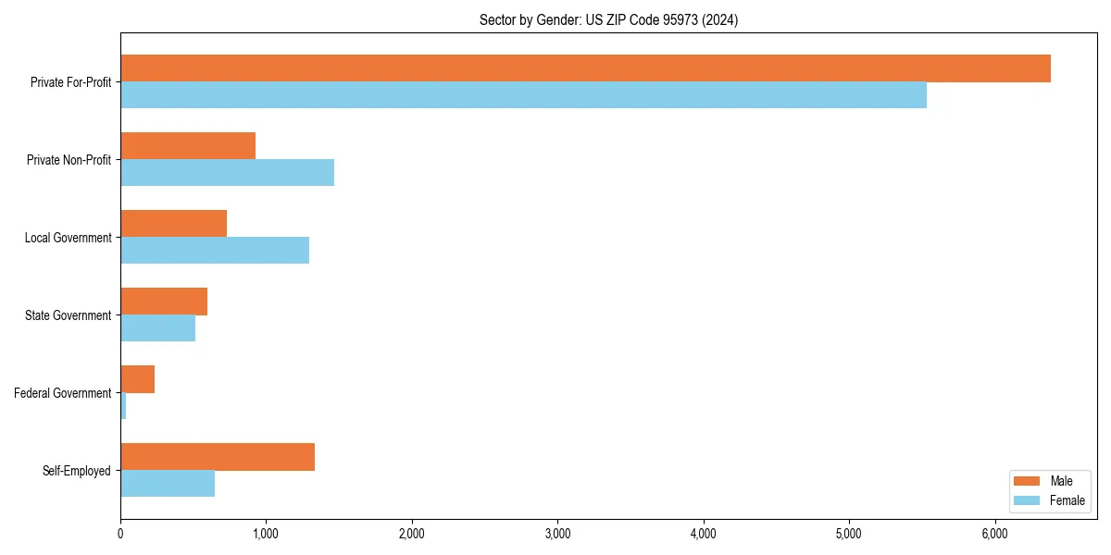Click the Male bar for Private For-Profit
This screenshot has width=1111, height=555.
coord(585,68)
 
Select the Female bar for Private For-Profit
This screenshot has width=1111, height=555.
coord(523,95)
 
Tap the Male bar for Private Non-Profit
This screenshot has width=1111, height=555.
coord(188,146)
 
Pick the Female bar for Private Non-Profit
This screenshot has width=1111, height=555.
coord(227,173)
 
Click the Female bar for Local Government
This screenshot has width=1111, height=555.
coord(215,251)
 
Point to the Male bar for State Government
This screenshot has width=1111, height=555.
coord(164,302)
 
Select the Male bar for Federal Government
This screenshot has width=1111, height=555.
coord(137,379)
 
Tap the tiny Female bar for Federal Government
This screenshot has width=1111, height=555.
coord(123,406)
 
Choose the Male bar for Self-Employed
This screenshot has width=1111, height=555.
coord(218,457)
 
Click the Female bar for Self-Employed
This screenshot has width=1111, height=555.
coord(168,484)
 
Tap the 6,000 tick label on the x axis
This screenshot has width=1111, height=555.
coord(994,534)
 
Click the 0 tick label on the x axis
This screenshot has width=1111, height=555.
coord(120,534)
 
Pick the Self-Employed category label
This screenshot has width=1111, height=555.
coord(77,471)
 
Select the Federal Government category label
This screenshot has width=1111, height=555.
coord(63,393)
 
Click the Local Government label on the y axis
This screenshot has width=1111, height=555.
coord(68,238)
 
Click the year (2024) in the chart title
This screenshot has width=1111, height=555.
coord(720,19)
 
